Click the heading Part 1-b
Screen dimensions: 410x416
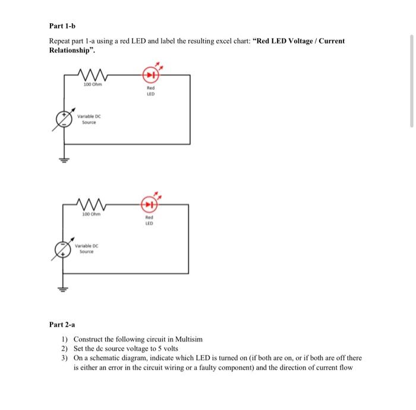tap(62, 26)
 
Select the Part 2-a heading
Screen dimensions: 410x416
tap(62, 325)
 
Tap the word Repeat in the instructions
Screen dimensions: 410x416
tap(60, 41)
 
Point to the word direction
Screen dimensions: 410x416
tap(295, 368)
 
